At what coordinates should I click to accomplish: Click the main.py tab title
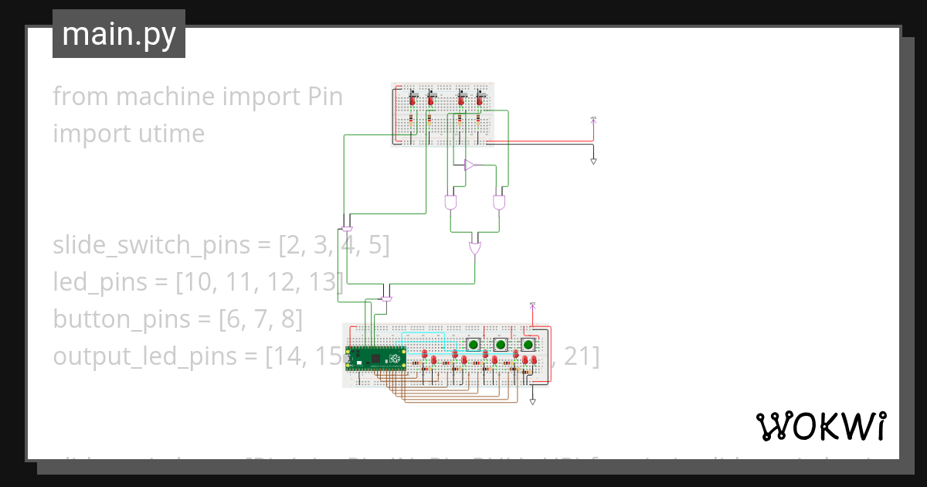(118, 34)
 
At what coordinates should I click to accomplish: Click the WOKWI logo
(820, 426)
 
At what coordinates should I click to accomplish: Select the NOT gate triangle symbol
(470, 165)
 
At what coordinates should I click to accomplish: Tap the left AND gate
(450, 203)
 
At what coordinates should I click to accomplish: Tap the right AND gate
(499, 203)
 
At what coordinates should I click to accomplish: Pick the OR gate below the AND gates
(475, 249)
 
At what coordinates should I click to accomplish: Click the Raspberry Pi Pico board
(377, 359)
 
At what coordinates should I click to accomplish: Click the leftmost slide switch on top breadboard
(412, 97)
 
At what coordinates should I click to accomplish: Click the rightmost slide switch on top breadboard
(480, 97)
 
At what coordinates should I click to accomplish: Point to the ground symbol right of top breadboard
(593, 161)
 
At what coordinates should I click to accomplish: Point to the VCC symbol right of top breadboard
(593, 119)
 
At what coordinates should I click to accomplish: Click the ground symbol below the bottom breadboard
(532, 402)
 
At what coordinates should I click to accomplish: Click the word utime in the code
(174, 134)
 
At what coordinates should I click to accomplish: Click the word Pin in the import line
(324, 97)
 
